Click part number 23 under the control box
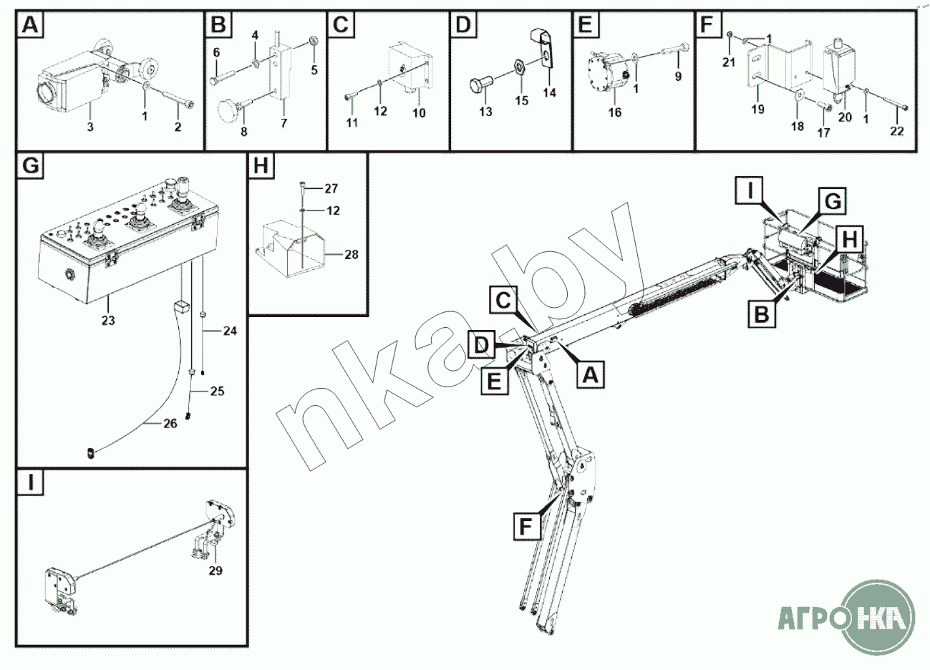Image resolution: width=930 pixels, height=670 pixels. click(x=108, y=321)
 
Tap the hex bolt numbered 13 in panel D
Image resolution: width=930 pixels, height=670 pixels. click(x=480, y=85)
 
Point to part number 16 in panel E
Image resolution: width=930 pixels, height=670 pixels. click(x=615, y=112)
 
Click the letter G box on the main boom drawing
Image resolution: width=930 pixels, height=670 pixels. click(x=833, y=202)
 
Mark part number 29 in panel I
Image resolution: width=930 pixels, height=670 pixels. click(x=215, y=571)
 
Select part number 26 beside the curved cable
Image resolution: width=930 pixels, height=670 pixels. click(x=170, y=424)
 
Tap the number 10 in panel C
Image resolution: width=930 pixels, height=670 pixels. click(x=419, y=113)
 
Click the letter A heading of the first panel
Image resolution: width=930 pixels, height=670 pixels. click(x=30, y=25)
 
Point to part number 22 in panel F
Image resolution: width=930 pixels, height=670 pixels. click(x=897, y=131)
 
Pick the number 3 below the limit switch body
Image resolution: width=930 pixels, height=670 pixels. click(x=90, y=127)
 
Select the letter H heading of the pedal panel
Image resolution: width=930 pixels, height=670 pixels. click(x=261, y=166)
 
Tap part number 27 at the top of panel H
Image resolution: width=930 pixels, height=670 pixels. click(x=331, y=188)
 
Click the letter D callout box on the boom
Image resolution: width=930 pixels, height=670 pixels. click(x=482, y=344)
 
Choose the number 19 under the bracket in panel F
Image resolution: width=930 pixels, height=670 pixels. click(x=757, y=110)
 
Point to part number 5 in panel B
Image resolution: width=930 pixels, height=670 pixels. click(x=314, y=70)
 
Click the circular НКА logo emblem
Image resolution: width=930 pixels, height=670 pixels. click(x=879, y=616)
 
